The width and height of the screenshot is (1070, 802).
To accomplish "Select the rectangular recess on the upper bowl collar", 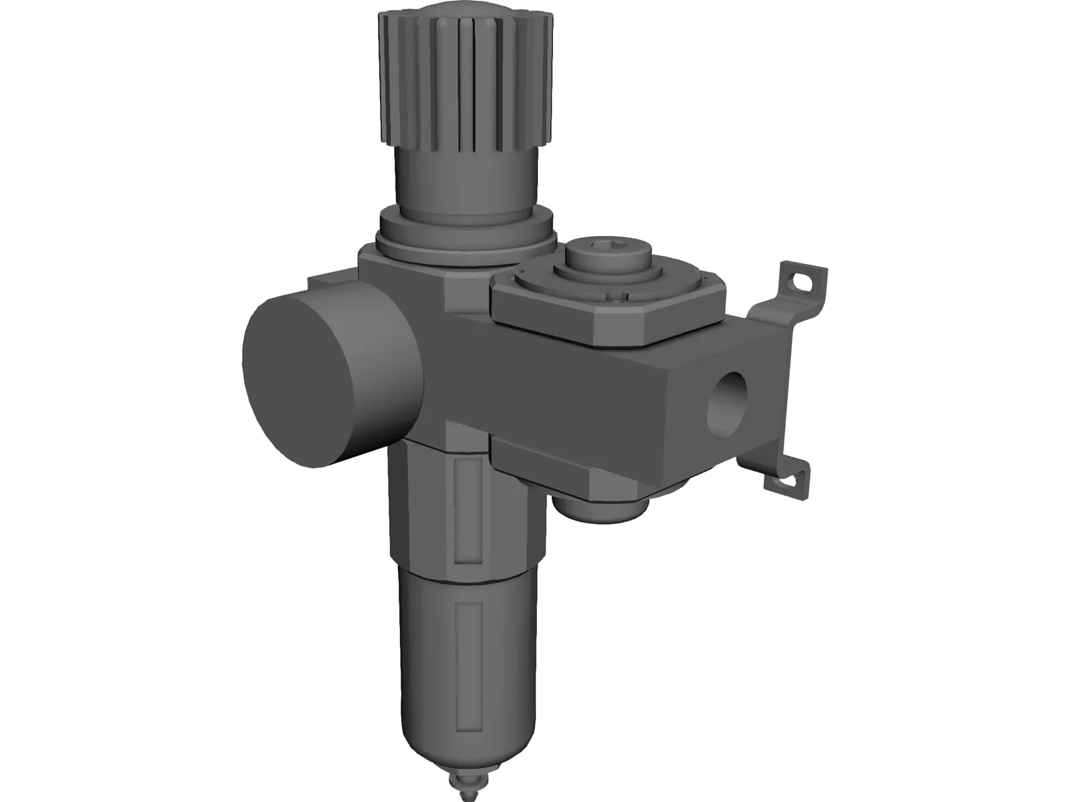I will point(467,505).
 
